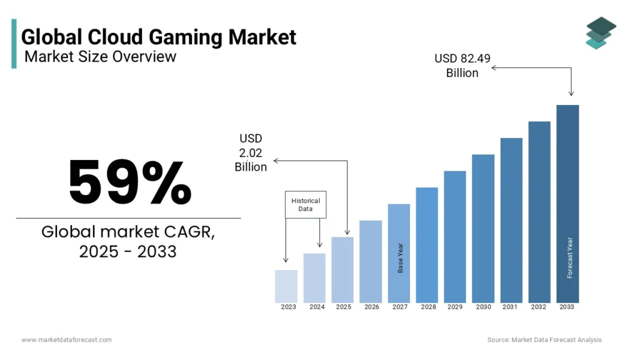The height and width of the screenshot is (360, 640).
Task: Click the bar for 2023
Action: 286,286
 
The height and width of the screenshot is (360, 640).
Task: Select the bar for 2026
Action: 371,261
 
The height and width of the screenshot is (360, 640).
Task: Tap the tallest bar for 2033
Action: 567,203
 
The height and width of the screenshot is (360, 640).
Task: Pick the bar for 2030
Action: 483,228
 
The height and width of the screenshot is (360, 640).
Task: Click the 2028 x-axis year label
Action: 428,307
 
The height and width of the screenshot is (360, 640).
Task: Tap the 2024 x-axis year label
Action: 317,307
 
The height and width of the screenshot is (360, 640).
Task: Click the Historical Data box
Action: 306,204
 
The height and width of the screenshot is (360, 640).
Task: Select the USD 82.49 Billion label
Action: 462,66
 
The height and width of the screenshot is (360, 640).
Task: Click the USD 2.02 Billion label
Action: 251,152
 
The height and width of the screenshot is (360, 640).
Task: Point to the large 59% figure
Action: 130,182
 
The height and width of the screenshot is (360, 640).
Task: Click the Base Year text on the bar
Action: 401,257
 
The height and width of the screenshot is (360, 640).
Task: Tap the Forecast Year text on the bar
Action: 569,257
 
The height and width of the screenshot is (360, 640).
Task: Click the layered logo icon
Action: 601,32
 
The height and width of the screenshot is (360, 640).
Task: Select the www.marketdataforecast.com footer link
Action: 67,339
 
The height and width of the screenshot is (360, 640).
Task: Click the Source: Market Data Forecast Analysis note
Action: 544,339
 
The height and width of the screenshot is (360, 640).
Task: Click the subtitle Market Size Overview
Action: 100,57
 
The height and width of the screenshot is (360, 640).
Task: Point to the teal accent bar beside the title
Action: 14,43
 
